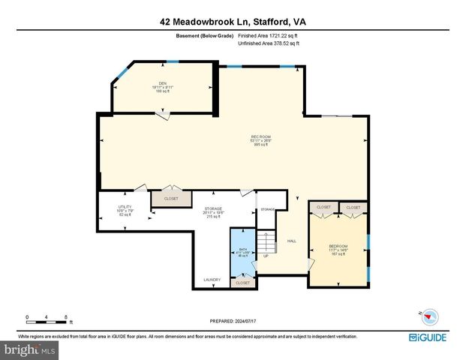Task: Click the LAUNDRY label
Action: coord(212,280)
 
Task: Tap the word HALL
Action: coord(292,241)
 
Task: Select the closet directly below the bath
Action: coord(242,283)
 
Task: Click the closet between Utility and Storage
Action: coord(171,199)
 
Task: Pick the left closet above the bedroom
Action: coord(323,207)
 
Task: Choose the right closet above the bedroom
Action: coord(353,207)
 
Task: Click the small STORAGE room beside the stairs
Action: coord(267,210)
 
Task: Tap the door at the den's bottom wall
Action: coord(161,113)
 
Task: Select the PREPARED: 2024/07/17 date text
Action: coord(233,321)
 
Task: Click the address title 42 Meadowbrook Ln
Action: coord(233,22)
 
